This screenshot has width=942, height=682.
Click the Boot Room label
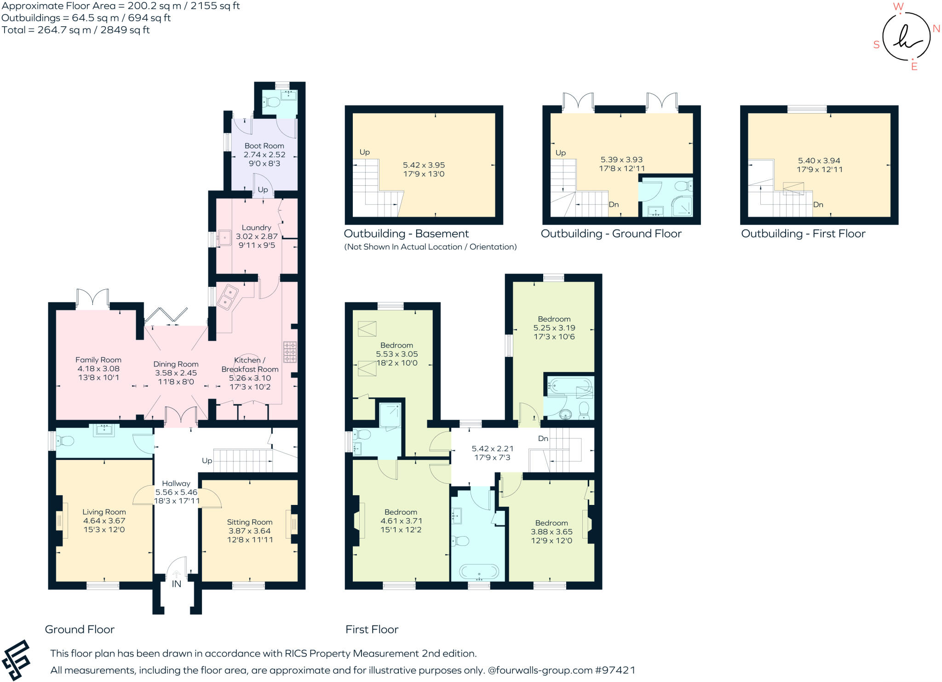point(264,146)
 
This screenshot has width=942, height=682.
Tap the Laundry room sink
point(225,238)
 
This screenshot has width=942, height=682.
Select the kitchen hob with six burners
point(290,352)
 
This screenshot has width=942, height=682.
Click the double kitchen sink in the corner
point(227,297)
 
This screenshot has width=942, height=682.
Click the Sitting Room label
point(249,522)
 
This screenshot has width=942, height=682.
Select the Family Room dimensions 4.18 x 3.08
point(98,369)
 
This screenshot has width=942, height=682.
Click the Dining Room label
point(176,364)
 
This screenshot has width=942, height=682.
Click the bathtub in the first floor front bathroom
point(478,573)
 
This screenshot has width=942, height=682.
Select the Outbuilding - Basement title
point(406,234)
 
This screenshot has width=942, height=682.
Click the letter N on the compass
point(936,29)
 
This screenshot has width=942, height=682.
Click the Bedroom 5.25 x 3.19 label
point(554,319)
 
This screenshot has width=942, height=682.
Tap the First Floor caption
point(372,630)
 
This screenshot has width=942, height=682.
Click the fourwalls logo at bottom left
point(16,660)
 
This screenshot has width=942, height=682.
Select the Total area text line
point(75,30)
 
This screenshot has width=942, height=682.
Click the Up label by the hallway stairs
point(207,461)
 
